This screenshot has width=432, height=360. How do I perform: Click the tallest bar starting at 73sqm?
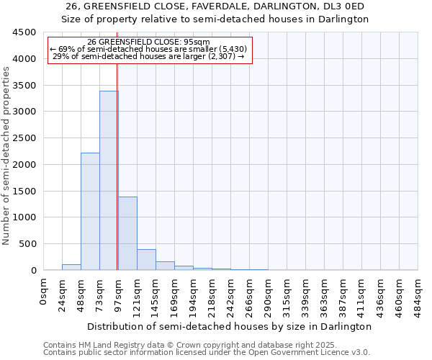pos(109,180)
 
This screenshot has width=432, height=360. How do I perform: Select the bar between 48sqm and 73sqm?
pos(90,211)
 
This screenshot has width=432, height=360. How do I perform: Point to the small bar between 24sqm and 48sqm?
pos(71,267)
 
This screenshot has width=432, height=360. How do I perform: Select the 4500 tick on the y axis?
pos(24,32)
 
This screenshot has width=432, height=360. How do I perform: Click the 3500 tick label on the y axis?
pos(24,86)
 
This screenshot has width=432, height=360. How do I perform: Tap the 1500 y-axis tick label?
pos(24,192)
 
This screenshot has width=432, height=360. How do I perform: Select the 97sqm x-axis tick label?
pos(118,294)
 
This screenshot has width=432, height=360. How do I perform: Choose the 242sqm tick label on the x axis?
pos(230,296)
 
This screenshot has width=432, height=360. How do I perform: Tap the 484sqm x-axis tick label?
pos(418,296)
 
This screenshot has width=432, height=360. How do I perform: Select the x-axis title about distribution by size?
pos(230,326)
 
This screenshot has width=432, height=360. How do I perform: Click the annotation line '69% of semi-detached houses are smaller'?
pos(149,49)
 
